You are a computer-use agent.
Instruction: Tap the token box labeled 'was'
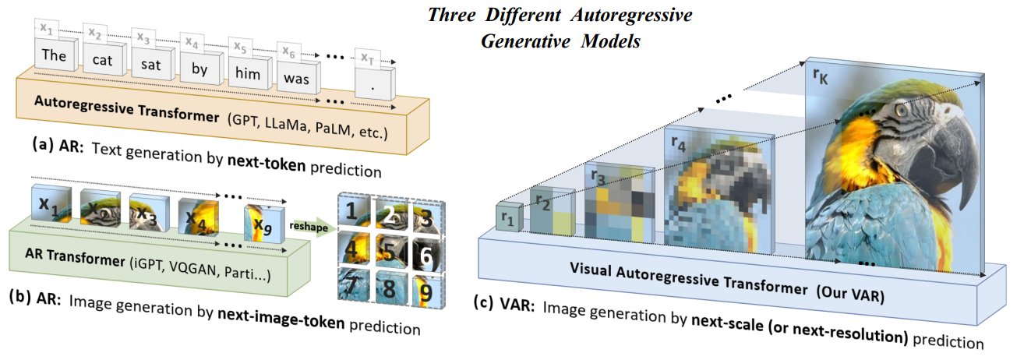pos(296,78)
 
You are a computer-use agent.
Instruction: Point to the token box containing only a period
pos(375,87)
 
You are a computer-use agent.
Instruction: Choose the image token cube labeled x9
pos(261,224)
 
